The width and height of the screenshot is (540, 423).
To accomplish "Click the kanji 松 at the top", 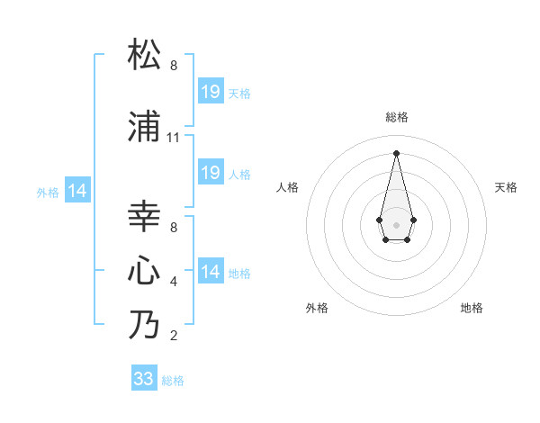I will click(x=145, y=55).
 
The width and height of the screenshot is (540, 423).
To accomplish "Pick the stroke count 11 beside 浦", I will click(x=174, y=139).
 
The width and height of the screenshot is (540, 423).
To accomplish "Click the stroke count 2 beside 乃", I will click(x=174, y=337).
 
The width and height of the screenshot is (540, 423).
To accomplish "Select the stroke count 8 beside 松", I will click(x=174, y=67).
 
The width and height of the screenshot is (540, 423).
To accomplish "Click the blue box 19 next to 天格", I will click(x=210, y=91).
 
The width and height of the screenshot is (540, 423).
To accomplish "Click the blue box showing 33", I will click(x=144, y=379).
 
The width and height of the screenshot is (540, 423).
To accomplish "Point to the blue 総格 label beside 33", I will click(x=173, y=381).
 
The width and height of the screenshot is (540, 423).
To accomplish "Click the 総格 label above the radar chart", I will click(x=397, y=117).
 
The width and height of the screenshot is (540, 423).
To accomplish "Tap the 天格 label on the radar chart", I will click(x=506, y=187).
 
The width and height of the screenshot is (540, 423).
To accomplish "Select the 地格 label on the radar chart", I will click(x=472, y=308).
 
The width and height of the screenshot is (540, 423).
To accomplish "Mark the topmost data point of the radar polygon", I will click(x=396, y=152).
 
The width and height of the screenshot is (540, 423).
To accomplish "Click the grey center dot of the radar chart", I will click(x=396, y=223).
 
